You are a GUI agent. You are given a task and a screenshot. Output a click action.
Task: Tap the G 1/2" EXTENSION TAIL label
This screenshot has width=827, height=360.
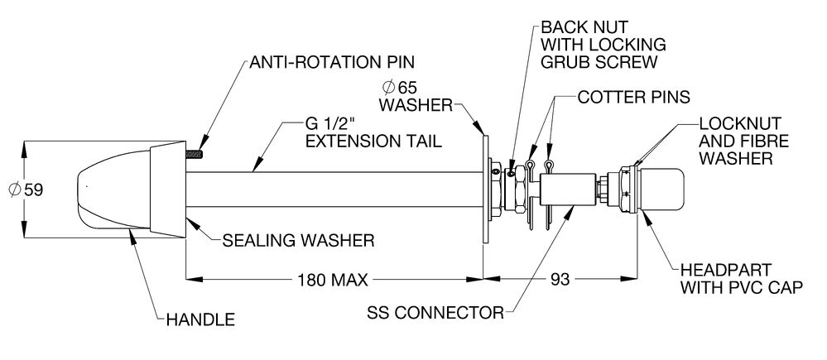pos(373,132)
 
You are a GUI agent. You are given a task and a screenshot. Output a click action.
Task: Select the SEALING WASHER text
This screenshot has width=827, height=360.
pos(299,241)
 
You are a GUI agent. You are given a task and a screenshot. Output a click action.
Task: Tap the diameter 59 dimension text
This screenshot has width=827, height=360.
pos(24,190)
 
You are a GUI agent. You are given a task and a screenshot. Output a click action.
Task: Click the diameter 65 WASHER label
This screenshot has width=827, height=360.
pos(415,96)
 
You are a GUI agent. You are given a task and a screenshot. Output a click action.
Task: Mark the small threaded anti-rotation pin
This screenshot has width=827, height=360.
pos(196,152)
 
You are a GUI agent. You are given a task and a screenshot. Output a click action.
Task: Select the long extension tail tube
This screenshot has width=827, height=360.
pos(331,190)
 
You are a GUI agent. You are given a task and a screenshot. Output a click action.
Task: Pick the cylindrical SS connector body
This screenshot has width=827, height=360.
pos(571,190)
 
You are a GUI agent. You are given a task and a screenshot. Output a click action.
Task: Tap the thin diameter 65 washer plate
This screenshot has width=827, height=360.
pos(483,190)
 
